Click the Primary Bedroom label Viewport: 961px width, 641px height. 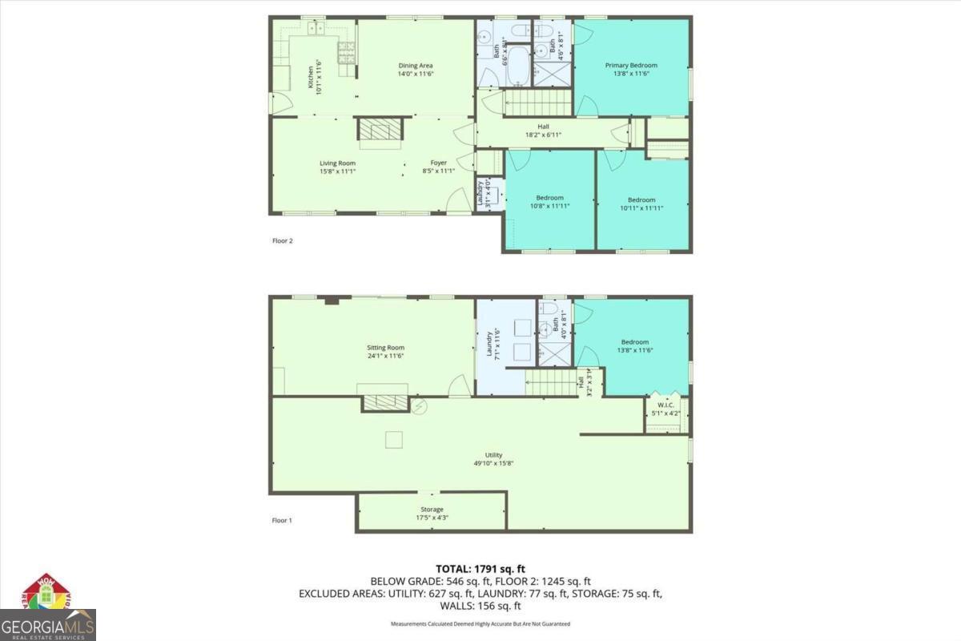(x=631, y=66)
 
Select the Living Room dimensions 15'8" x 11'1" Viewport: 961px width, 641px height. (x=337, y=171)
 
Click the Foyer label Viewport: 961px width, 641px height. (x=439, y=163)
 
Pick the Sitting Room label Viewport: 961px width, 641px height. (x=385, y=348)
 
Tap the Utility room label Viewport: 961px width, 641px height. (x=493, y=455)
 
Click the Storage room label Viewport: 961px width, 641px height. (x=432, y=510)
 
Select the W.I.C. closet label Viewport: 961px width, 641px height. (x=666, y=405)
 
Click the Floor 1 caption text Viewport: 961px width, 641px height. (x=282, y=520)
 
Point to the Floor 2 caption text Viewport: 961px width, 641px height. (x=282, y=240)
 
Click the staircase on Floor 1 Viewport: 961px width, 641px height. (x=552, y=383)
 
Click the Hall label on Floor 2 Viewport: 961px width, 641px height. (x=543, y=127)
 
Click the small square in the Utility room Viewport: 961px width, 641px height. (x=394, y=439)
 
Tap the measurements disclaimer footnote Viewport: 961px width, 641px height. (x=480, y=623)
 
